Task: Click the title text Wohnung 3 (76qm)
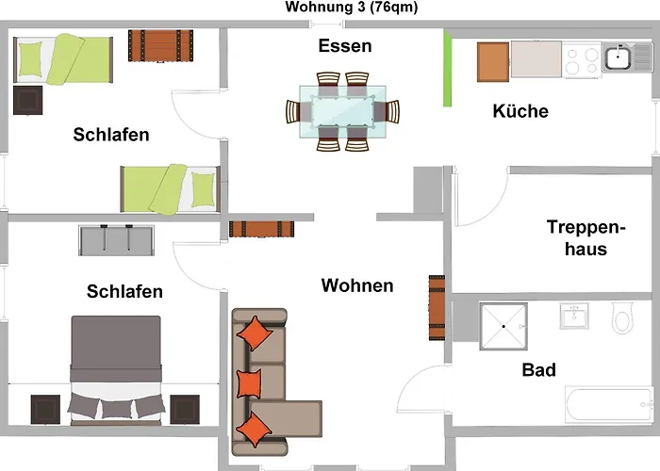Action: (x=351, y=8)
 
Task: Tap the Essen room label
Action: (x=344, y=45)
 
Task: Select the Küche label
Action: (x=520, y=111)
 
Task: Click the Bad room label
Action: (x=538, y=369)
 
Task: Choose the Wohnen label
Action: (x=357, y=284)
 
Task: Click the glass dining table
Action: (x=342, y=112)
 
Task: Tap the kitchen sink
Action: (x=618, y=58)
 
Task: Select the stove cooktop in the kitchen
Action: (x=585, y=59)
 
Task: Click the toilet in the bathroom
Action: (x=623, y=318)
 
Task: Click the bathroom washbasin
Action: (x=574, y=316)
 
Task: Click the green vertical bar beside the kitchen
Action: (x=447, y=71)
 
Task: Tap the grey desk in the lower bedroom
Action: (x=114, y=240)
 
